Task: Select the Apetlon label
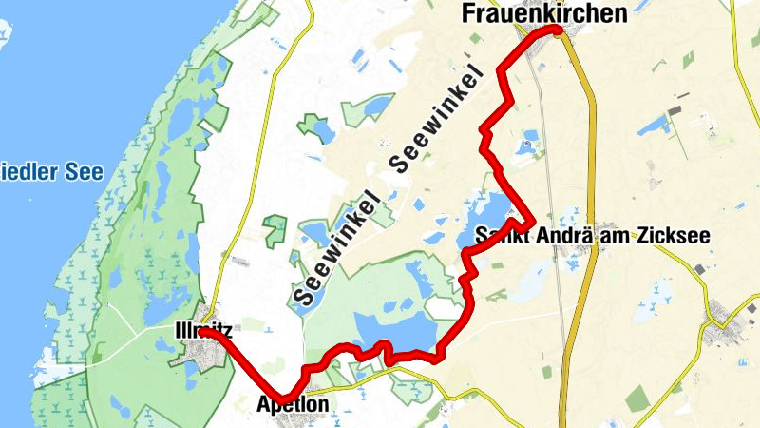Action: (294, 405)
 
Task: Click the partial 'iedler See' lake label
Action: (51, 173)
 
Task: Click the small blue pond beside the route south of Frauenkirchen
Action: (525, 148)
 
